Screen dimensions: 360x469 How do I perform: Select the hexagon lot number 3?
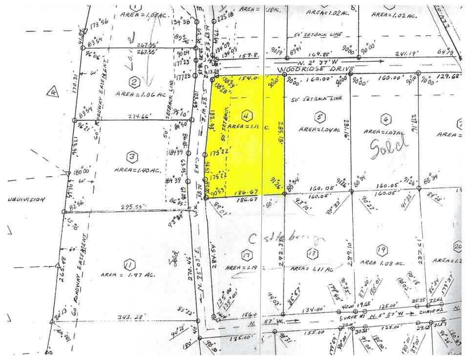(x=131, y=157)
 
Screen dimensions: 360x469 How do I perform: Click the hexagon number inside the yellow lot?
(x=247, y=116)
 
